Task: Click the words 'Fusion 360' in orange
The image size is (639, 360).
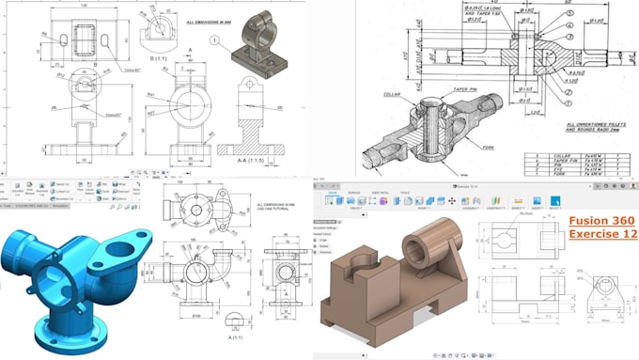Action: pyautogui.click(x=600, y=220)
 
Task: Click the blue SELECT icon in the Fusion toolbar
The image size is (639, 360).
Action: pyautogui.click(x=555, y=200)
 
